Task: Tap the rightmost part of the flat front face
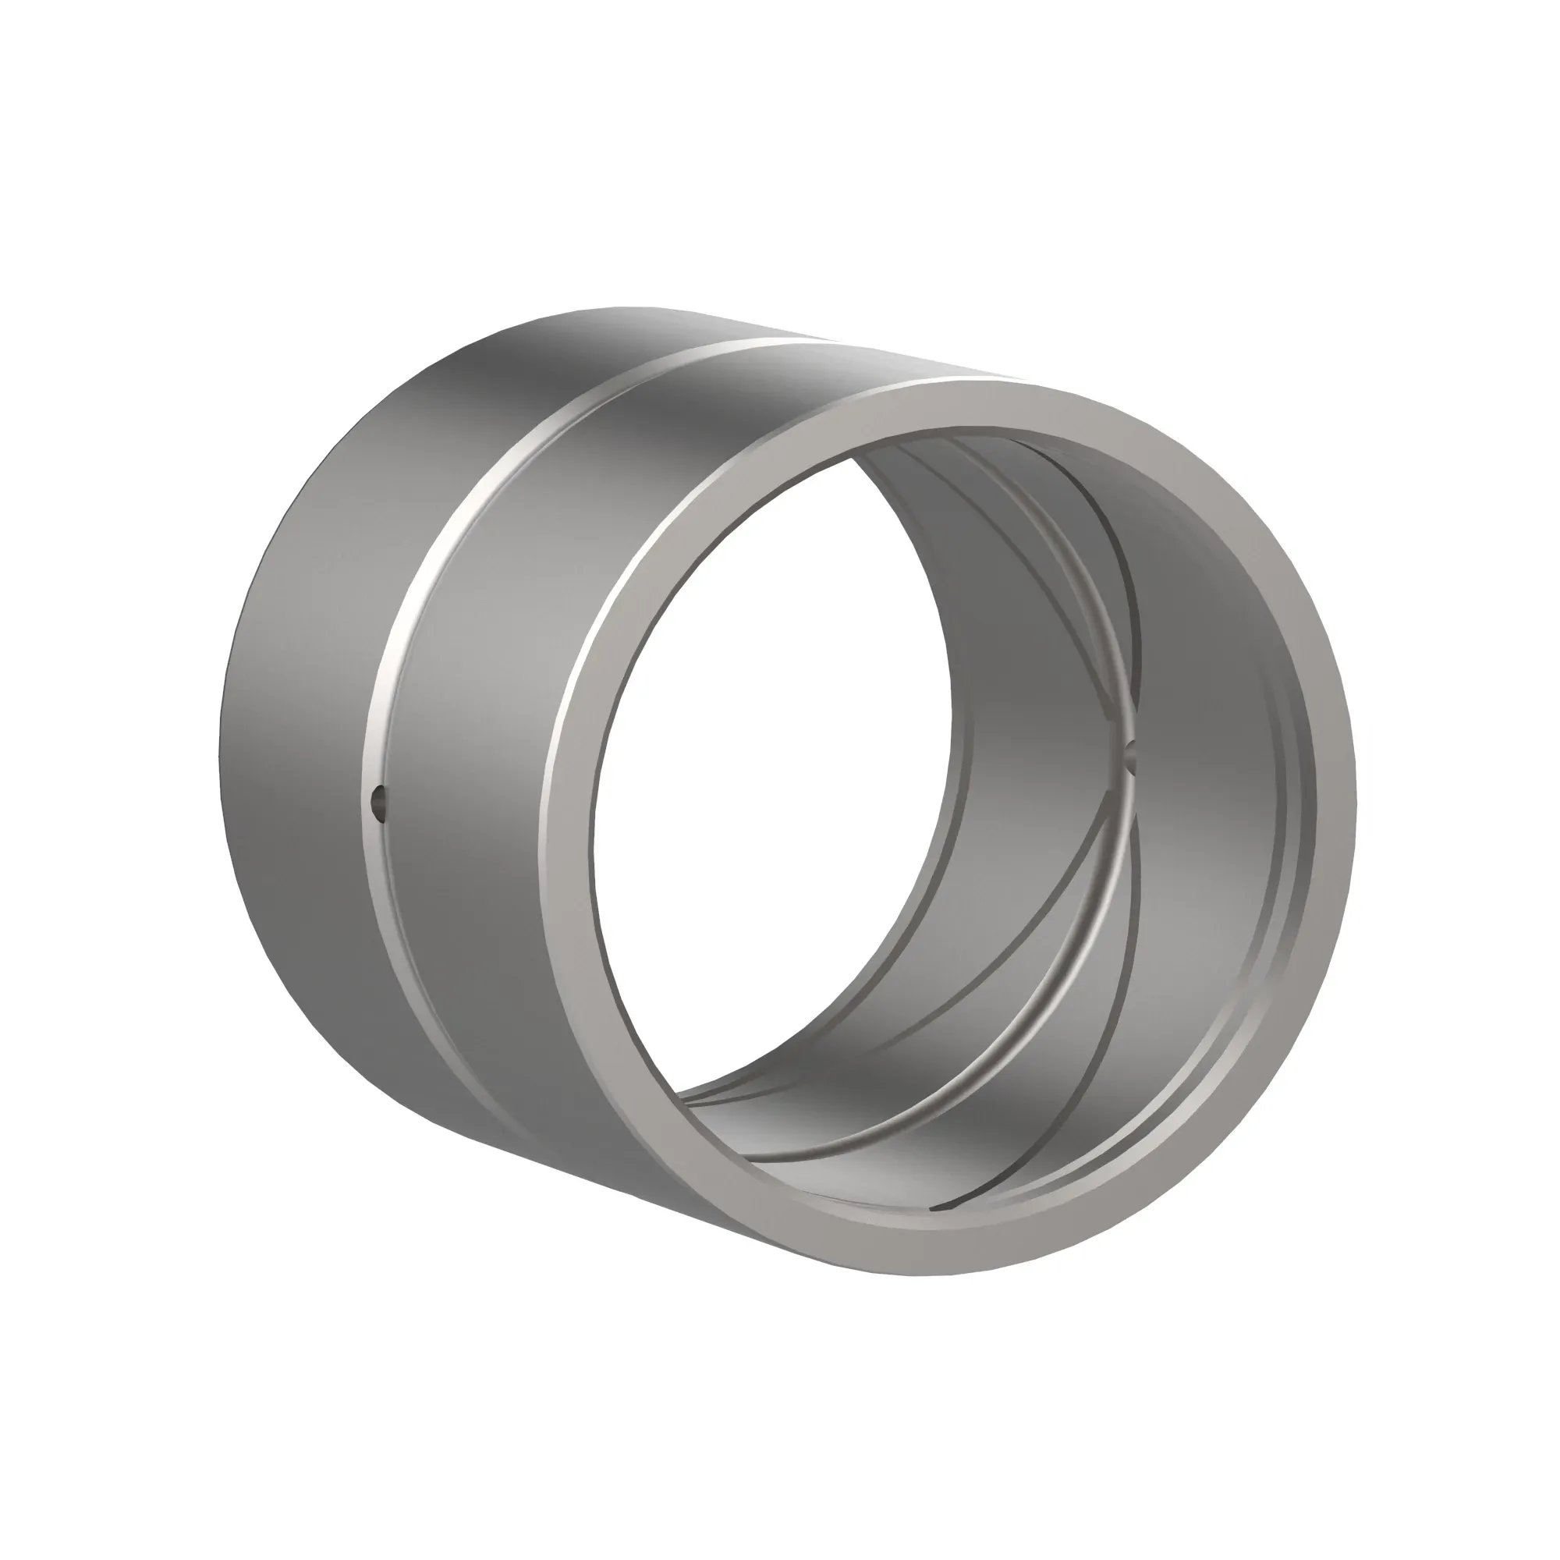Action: point(1336,807)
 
